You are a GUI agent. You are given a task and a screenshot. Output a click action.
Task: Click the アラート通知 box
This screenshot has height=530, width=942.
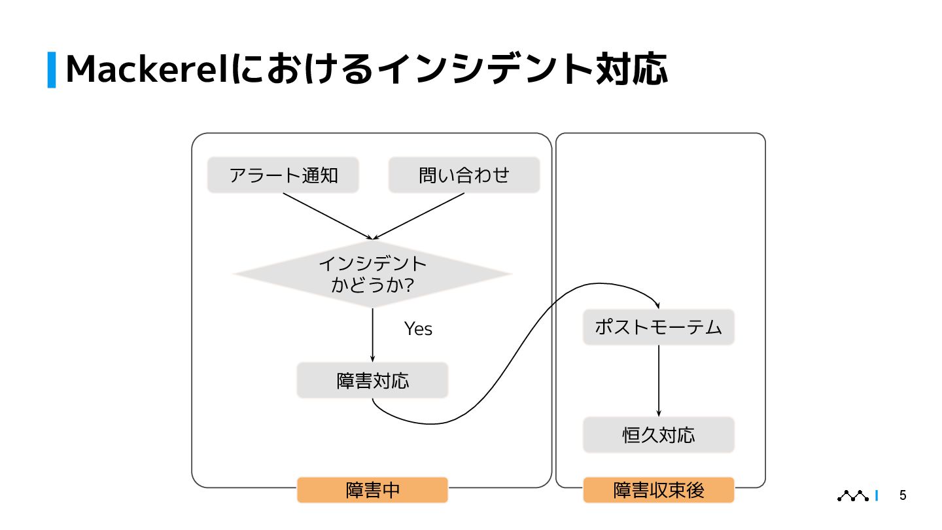(x=283, y=175)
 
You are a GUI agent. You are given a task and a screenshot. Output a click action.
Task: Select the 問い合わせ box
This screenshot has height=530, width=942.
(x=464, y=175)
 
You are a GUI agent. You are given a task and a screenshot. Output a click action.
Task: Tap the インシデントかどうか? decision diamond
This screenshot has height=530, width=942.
(x=372, y=274)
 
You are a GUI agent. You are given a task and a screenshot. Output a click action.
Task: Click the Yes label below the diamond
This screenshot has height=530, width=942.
(x=418, y=328)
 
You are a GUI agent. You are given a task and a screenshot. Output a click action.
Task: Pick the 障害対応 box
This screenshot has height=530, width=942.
(x=372, y=381)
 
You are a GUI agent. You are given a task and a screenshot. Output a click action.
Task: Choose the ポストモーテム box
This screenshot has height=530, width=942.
(x=658, y=327)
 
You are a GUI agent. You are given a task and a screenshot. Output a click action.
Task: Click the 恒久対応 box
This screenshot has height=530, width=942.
(x=658, y=435)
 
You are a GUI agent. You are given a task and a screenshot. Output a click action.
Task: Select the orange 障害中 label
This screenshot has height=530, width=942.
(x=372, y=490)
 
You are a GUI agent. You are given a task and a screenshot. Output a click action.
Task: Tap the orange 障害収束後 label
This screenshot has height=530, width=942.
(x=658, y=490)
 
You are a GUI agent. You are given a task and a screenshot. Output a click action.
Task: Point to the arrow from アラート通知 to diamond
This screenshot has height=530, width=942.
(x=327, y=216)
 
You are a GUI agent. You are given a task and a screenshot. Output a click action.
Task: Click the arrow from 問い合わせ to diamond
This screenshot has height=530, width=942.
(x=419, y=216)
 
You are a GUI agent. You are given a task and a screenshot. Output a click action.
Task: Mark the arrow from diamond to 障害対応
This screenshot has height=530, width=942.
(x=372, y=334)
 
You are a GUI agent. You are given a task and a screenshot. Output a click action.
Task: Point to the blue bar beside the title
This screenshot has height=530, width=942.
(x=52, y=69)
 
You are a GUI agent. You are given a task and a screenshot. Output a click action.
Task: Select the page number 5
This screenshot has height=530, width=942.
(x=903, y=495)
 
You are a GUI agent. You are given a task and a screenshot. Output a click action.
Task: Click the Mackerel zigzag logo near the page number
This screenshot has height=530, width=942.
(x=853, y=496)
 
